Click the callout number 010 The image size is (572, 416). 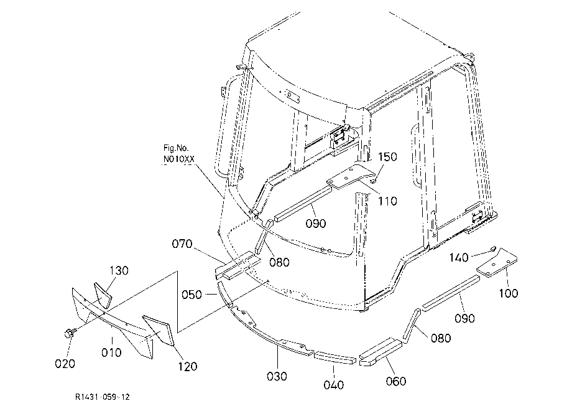(x=111, y=352)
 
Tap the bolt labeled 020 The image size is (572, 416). (x=68, y=333)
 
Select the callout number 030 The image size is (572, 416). (x=277, y=376)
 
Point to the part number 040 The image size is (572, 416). (x=333, y=385)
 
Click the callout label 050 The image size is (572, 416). (x=191, y=295)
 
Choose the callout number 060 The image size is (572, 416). (x=396, y=381)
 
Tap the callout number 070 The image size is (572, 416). (x=182, y=243)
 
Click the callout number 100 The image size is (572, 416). (x=508, y=293)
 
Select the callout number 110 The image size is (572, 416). (x=387, y=201)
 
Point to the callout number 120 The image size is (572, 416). (x=187, y=366)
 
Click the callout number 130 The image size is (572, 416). (x=119, y=271)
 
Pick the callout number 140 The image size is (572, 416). (x=459, y=258)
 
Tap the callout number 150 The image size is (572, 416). (x=387, y=157)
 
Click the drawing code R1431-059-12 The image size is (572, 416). (x=103, y=397)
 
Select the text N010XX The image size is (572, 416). (x=179, y=159)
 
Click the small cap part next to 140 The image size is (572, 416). (x=493, y=248)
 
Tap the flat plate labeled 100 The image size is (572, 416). (x=497, y=263)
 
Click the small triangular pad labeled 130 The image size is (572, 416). (x=103, y=295)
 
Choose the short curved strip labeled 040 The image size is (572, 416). (x=334, y=357)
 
